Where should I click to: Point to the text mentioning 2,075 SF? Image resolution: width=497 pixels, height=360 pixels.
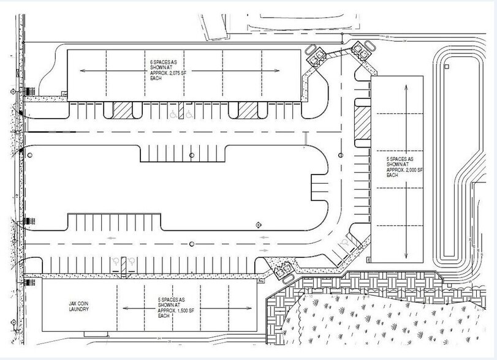coord(166,71)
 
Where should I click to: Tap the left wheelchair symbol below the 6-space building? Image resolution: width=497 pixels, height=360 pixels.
coord(174,114)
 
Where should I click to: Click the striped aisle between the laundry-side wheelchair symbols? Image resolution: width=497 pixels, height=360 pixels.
coord(123,264)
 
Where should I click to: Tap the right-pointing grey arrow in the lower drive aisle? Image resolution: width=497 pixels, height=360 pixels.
coord(264,250)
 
